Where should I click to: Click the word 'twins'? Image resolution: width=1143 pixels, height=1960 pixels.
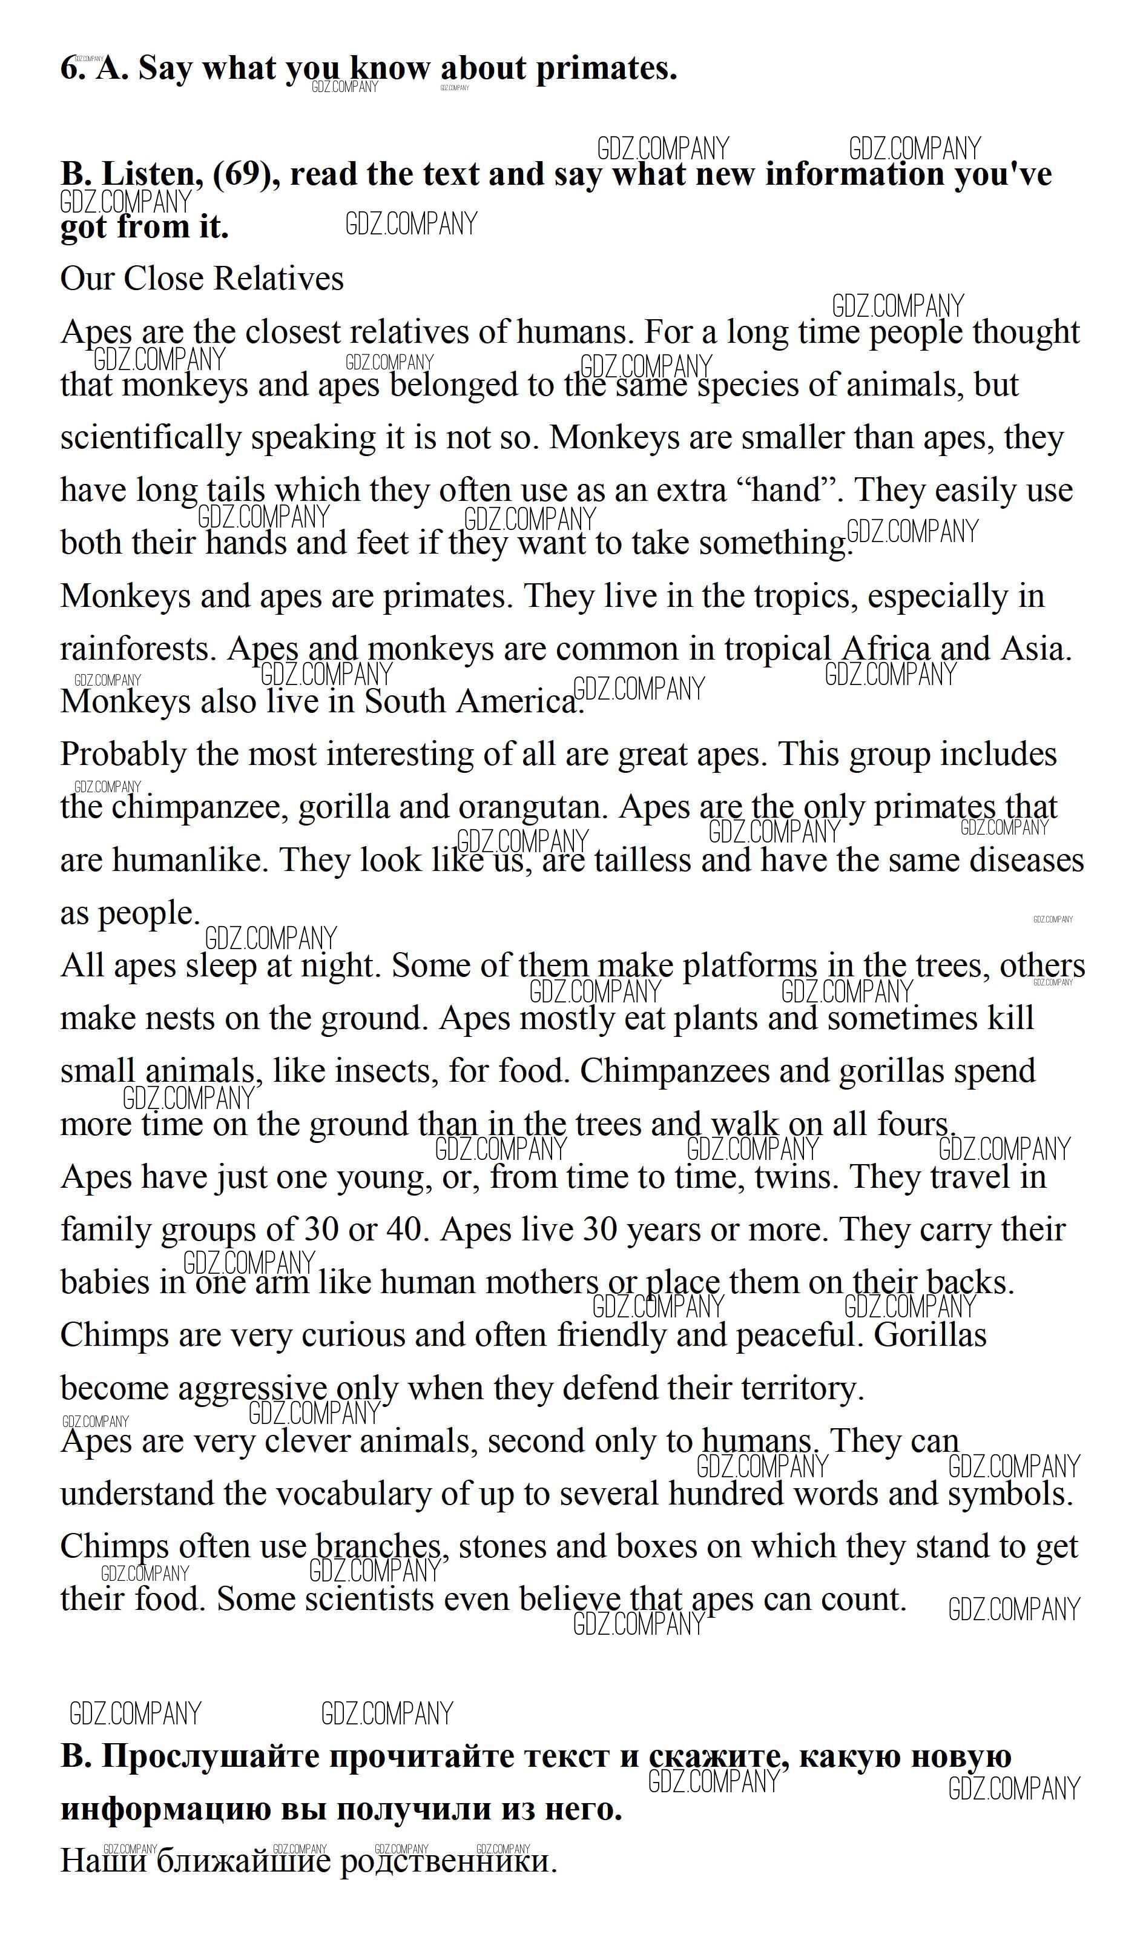[796, 1177]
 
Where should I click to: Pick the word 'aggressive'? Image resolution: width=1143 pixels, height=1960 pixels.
[252, 1389]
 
